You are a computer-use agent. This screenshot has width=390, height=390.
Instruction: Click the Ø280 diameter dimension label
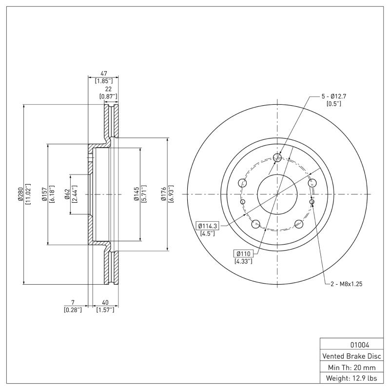[20, 195]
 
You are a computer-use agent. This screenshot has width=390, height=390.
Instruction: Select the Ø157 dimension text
[44, 195]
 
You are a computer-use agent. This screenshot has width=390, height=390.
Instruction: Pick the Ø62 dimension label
[67, 195]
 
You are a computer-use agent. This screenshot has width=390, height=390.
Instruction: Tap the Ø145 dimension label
[136, 195]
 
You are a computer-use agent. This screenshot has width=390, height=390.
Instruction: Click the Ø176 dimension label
[164, 195]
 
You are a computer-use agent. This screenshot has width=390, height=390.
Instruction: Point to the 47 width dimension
[103, 73]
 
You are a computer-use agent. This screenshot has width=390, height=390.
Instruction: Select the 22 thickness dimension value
[108, 89]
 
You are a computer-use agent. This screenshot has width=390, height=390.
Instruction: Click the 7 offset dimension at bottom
[73, 302]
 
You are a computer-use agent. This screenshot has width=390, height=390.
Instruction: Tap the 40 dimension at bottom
[104, 302]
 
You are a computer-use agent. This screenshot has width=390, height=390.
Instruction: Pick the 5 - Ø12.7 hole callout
[333, 96]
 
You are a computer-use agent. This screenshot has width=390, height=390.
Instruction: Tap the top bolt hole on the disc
[277, 157]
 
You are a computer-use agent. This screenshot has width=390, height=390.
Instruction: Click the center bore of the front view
[276, 195]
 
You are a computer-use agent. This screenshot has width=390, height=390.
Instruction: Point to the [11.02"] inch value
[28, 195]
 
